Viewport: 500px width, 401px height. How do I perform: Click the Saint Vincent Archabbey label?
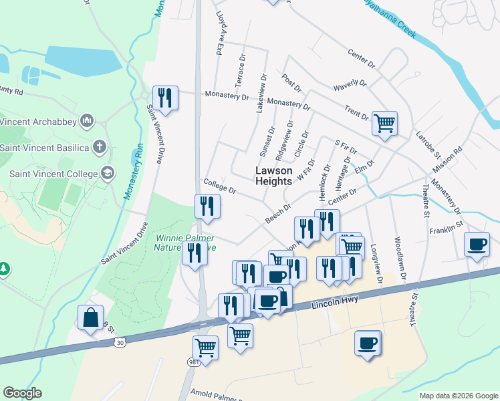pos(37,122)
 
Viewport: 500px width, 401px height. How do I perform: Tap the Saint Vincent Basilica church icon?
pos(100,147)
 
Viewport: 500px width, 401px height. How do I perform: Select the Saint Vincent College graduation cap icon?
pos(107,174)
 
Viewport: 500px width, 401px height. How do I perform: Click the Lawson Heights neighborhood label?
pos(274,176)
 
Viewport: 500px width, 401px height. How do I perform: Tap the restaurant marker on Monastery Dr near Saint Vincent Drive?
pos(165,98)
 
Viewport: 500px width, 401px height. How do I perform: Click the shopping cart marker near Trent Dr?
pos(384,123)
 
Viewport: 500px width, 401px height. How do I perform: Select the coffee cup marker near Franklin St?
pos(477,244)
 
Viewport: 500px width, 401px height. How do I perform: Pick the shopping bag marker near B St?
pos(90,317)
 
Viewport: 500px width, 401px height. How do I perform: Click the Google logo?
pos(22,393)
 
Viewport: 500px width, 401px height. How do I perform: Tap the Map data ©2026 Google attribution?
pos(458,396)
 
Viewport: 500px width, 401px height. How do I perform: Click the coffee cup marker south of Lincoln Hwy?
pos(367,343)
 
